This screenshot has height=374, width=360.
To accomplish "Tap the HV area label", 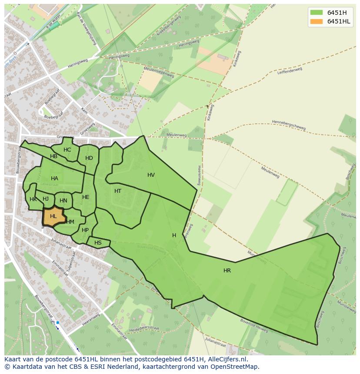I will pos(151,175).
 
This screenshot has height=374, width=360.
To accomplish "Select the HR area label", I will pos(227,271).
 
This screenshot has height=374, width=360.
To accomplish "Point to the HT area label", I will pos(118,191).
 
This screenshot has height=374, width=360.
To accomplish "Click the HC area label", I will pos(67,150).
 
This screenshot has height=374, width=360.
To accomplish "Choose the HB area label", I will pos(53,156).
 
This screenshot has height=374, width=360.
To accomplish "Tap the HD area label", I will pos(89,158).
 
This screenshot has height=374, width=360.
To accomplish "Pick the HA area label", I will pos(54,179).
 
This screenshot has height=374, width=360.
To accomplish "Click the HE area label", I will pos(86,197).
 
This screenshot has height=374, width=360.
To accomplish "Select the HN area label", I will pos(63,201).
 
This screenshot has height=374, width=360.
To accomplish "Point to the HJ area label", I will pos(46,199).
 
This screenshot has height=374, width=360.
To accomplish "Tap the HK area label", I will pos(33,199).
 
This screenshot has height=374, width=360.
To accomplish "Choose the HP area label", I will pos(85,230).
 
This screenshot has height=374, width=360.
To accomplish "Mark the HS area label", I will pos(98,243).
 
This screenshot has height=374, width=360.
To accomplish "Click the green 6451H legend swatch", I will pos(317,13).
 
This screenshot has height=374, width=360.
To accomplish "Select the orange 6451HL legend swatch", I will pos(317,21).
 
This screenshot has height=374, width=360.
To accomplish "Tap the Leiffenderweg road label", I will pos(290,70).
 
